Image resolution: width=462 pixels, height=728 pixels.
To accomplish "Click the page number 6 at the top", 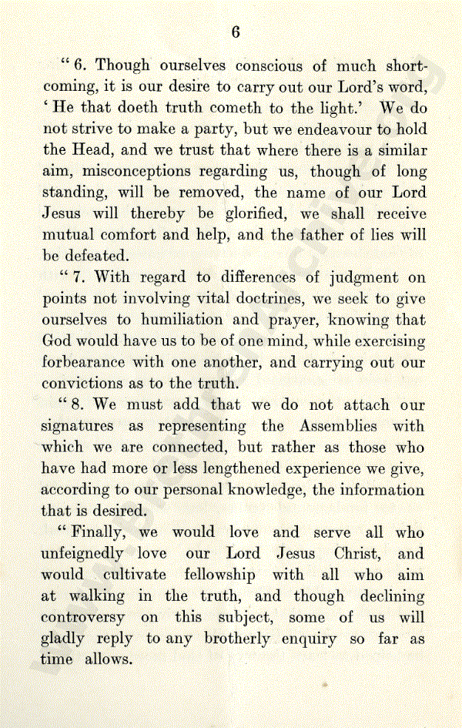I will click(236, 32).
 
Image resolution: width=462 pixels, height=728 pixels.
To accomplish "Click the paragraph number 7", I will click(79, 277).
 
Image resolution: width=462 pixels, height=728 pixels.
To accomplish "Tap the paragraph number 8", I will click(79, 404).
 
